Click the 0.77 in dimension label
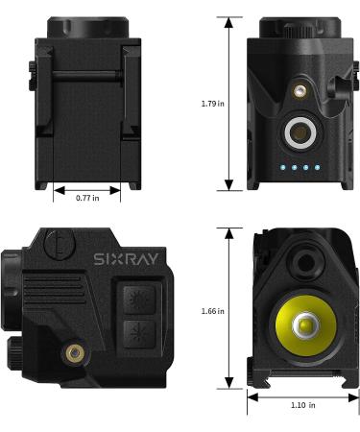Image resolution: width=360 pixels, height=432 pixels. pos(87,198)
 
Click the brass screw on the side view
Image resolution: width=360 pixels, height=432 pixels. pos(71,353)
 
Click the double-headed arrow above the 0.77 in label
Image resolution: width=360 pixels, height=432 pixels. pos(87,187)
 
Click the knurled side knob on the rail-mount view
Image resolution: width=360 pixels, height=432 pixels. pos(29,73)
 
